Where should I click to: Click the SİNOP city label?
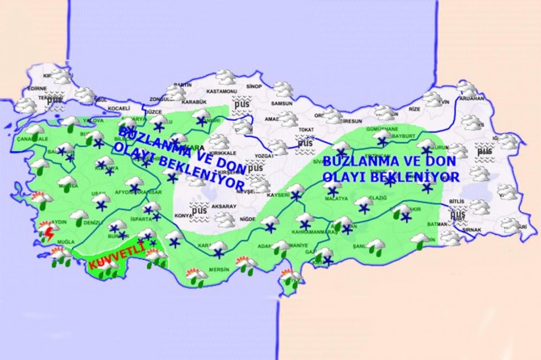pyautogui.click(x=276, y=86)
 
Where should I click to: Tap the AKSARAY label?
pyautogui.click(x=224, y=207)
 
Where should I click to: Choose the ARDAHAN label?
pyautogui.click(x=473, y=98)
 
